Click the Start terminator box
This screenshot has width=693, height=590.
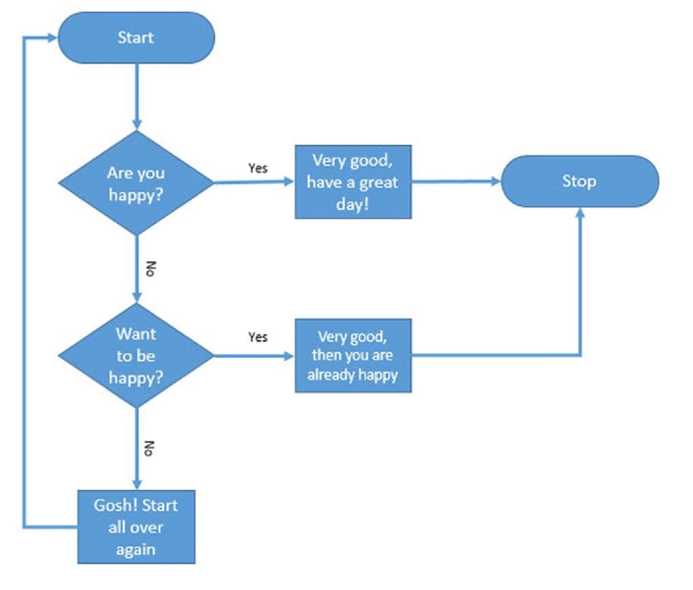tap(136, 37)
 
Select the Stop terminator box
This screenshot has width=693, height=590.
tap(579, 181)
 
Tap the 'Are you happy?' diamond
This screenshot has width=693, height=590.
tap(136, 183)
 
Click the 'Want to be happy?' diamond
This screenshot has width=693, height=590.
tap(136, 356)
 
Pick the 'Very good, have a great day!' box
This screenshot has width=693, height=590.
tap(353, 181)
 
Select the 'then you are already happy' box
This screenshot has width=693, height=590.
tap(353, 356)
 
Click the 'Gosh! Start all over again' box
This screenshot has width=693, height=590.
tap(136, 526)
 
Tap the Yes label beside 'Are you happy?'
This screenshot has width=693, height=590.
tap(258, 168)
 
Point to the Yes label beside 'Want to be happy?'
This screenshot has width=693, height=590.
tap(258, 337)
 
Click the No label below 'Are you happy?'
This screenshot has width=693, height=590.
tap(150, 269)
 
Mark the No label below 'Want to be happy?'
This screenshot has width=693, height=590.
tap(150, 448)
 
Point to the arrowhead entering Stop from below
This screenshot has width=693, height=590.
tap(580, 213)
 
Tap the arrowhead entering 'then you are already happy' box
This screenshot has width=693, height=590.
tap(289, 356)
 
